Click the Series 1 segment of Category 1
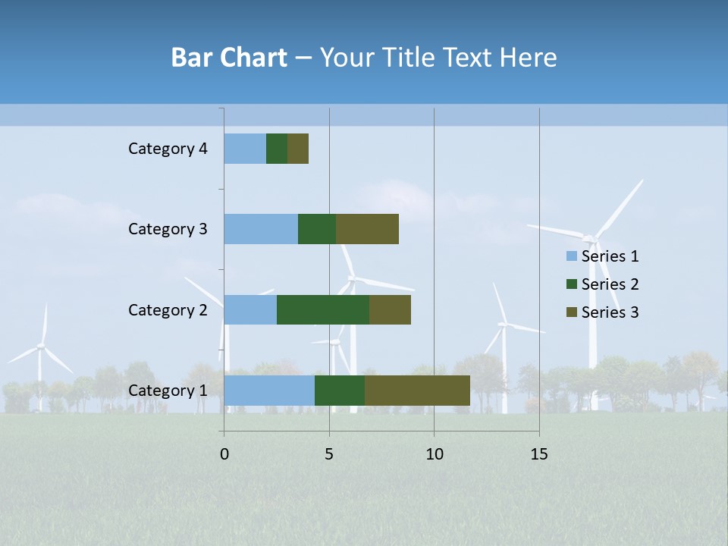(x=269, y=391)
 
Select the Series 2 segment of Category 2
(x=323, y=309)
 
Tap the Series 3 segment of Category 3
(x=367, y=229)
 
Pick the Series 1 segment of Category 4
(x=245, y=149)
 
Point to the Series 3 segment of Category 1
(x=417, y=391)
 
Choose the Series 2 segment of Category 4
(x=277, y=149)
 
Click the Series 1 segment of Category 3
(x=261, y=229)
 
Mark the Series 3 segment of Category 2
(x=390, y=309)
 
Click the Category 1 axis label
(x=168, y=391)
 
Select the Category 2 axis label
(x=168, y=310)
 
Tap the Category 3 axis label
(x=168, y=229)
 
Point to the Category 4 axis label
(x=168, y=149)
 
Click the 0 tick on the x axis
(x=224, y=454)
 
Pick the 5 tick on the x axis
(x=329, y=454)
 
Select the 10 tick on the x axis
(x=434, y=454)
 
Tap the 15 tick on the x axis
(x=538, y=454)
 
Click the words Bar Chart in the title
(x=229, y=58)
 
